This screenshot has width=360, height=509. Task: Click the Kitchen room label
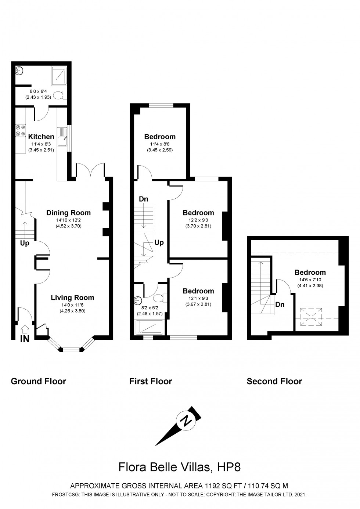point(41,137)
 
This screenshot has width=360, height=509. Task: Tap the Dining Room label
point(68,213)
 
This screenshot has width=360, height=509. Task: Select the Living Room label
point(72,297)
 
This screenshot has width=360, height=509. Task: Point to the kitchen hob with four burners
point(20,131)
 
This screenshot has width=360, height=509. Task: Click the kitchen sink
point(62,136)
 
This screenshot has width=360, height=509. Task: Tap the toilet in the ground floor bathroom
point(59,96)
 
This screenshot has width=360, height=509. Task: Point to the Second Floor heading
point(274,381)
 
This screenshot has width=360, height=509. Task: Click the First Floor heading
point(151,381)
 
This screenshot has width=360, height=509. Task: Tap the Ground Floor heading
point(39,381)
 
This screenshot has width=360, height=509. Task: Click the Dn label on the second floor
point(280,304)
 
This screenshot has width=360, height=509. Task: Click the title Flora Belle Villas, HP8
point(180,467)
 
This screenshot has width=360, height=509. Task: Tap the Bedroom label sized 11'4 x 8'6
point(160,137)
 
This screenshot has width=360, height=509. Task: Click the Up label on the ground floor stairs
point(25,243)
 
